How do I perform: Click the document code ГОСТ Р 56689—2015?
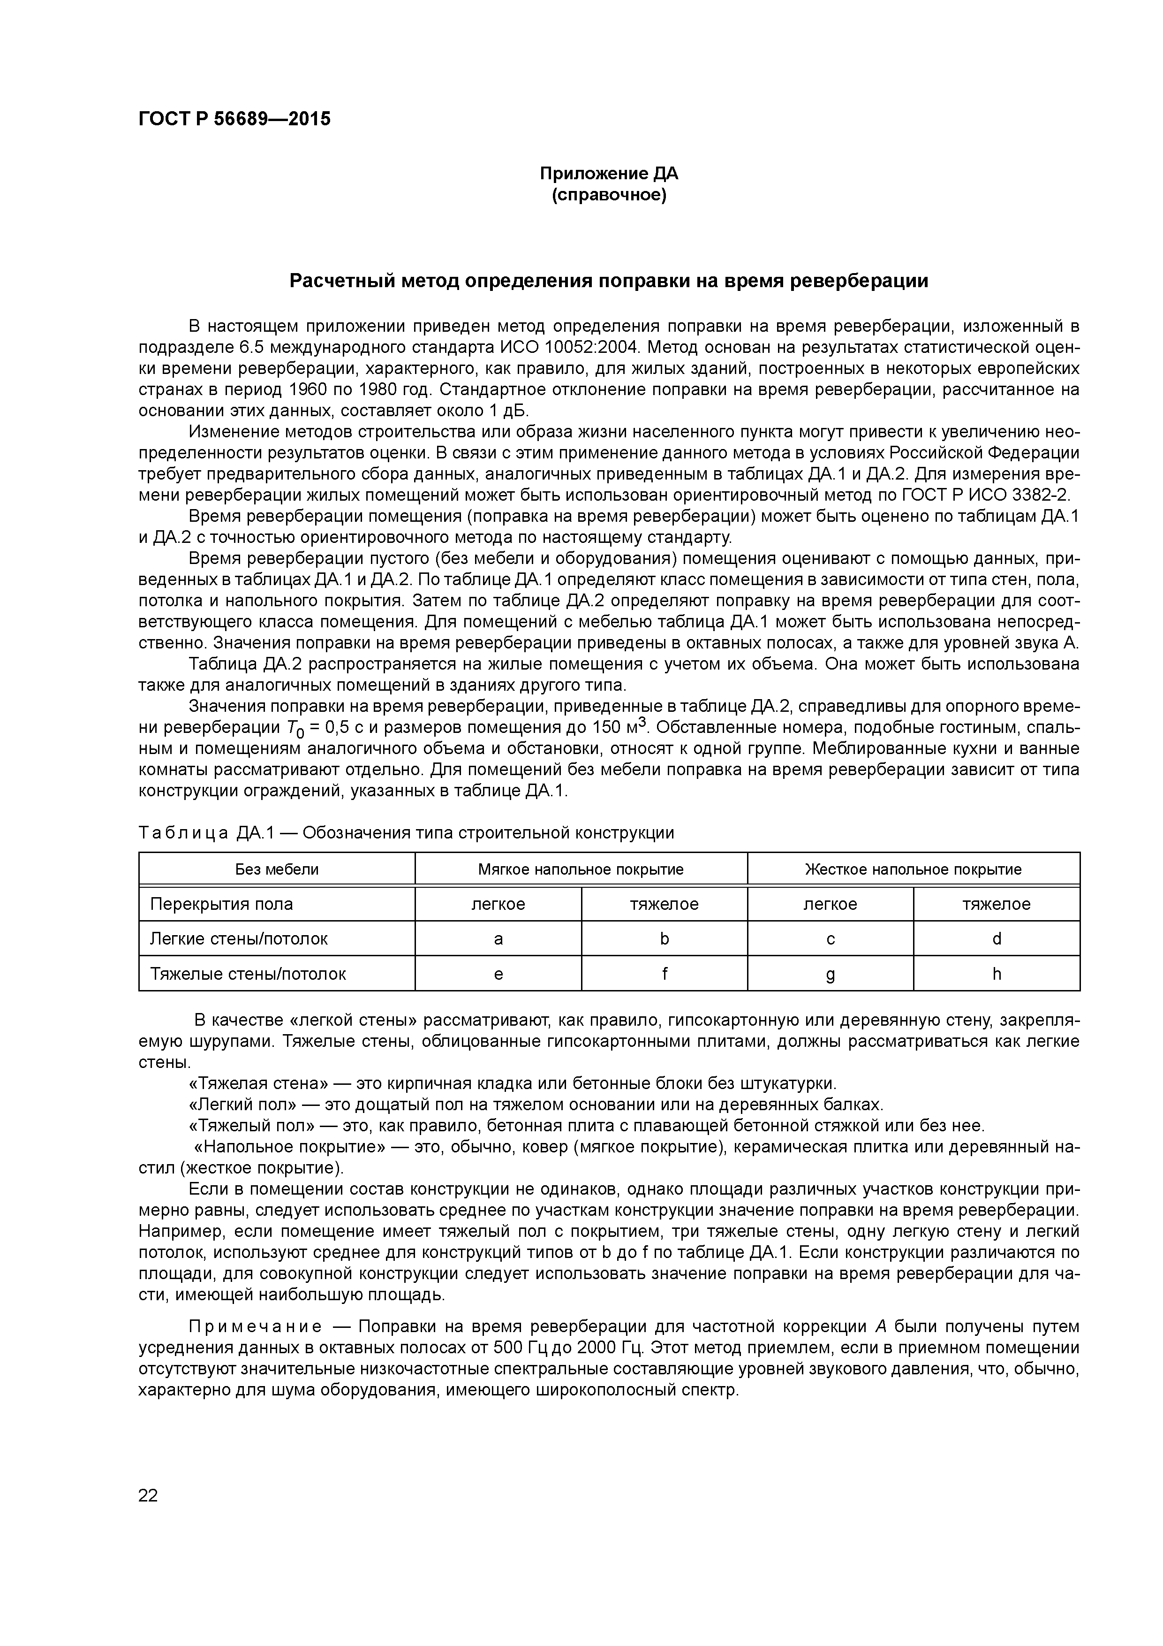point(234,119)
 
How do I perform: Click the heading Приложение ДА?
point(608,174)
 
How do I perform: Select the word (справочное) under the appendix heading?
point(608,195)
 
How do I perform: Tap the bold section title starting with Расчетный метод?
point(608,281)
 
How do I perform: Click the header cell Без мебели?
point(277,869)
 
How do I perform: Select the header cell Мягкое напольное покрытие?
point(581,869)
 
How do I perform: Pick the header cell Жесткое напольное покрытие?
point(913,869)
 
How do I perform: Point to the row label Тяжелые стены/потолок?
point(248,974)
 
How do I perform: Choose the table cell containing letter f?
point(664,974)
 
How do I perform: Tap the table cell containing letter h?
point(996,974)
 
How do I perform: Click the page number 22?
point(148,1495)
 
